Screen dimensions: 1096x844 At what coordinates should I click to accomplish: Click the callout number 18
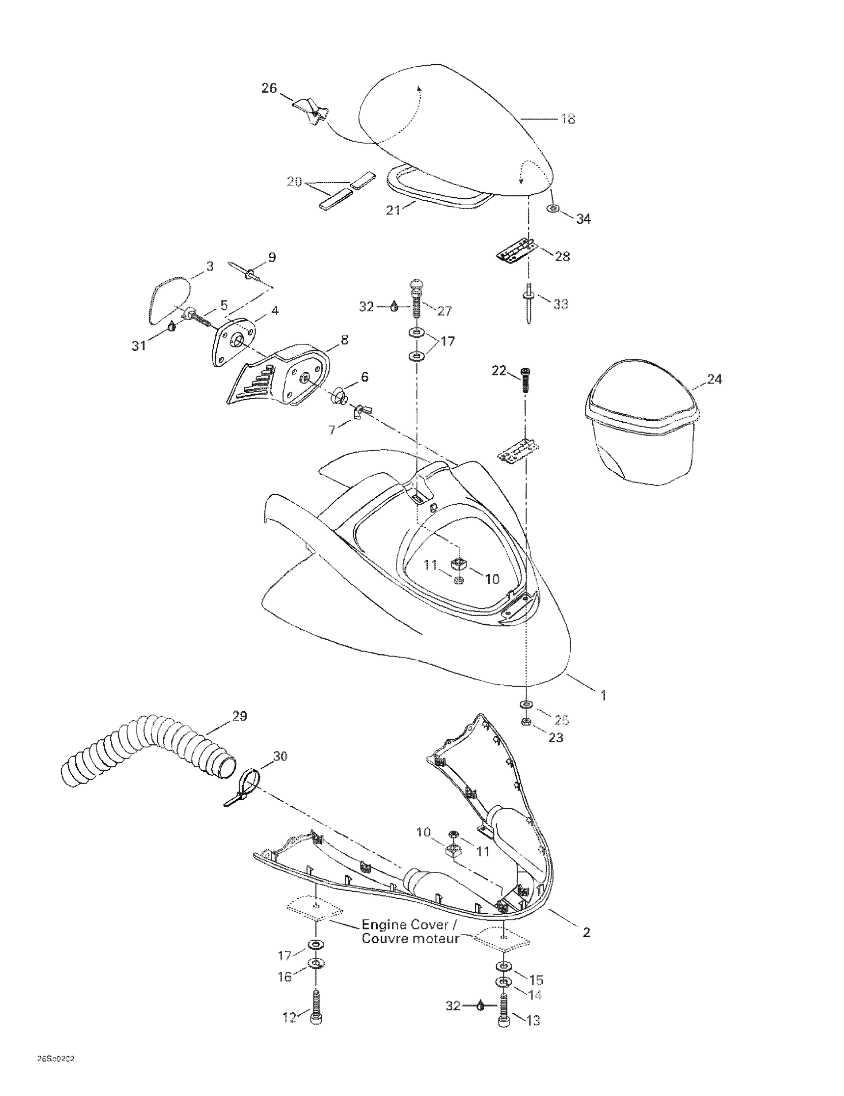(x=568, y=119)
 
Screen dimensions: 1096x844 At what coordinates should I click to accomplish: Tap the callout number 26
(x=269, y=88)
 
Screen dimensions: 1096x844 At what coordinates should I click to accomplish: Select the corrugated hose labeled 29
(x=145, y=749)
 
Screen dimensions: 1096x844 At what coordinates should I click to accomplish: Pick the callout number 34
(x=583, y=219)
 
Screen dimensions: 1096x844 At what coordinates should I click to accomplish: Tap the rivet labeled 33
(x=529, y=302)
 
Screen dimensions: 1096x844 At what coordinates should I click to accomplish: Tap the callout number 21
(x=393, y=210)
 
